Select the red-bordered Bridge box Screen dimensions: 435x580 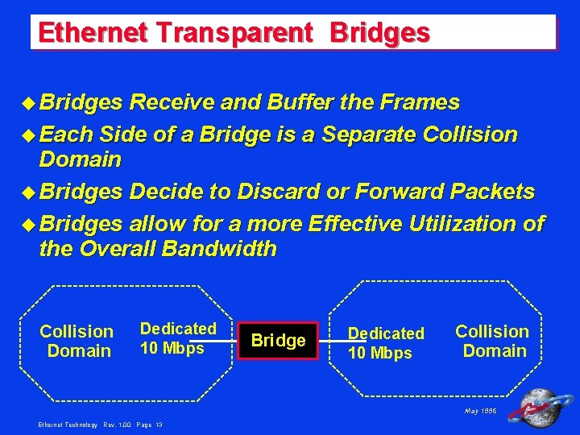pos(279,340)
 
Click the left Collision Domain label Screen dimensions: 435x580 pos(77,341)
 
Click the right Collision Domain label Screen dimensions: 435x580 pos(491,341)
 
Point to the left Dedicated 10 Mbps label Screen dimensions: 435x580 pos(178,338)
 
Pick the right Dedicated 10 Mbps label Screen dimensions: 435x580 pos(386,342)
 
